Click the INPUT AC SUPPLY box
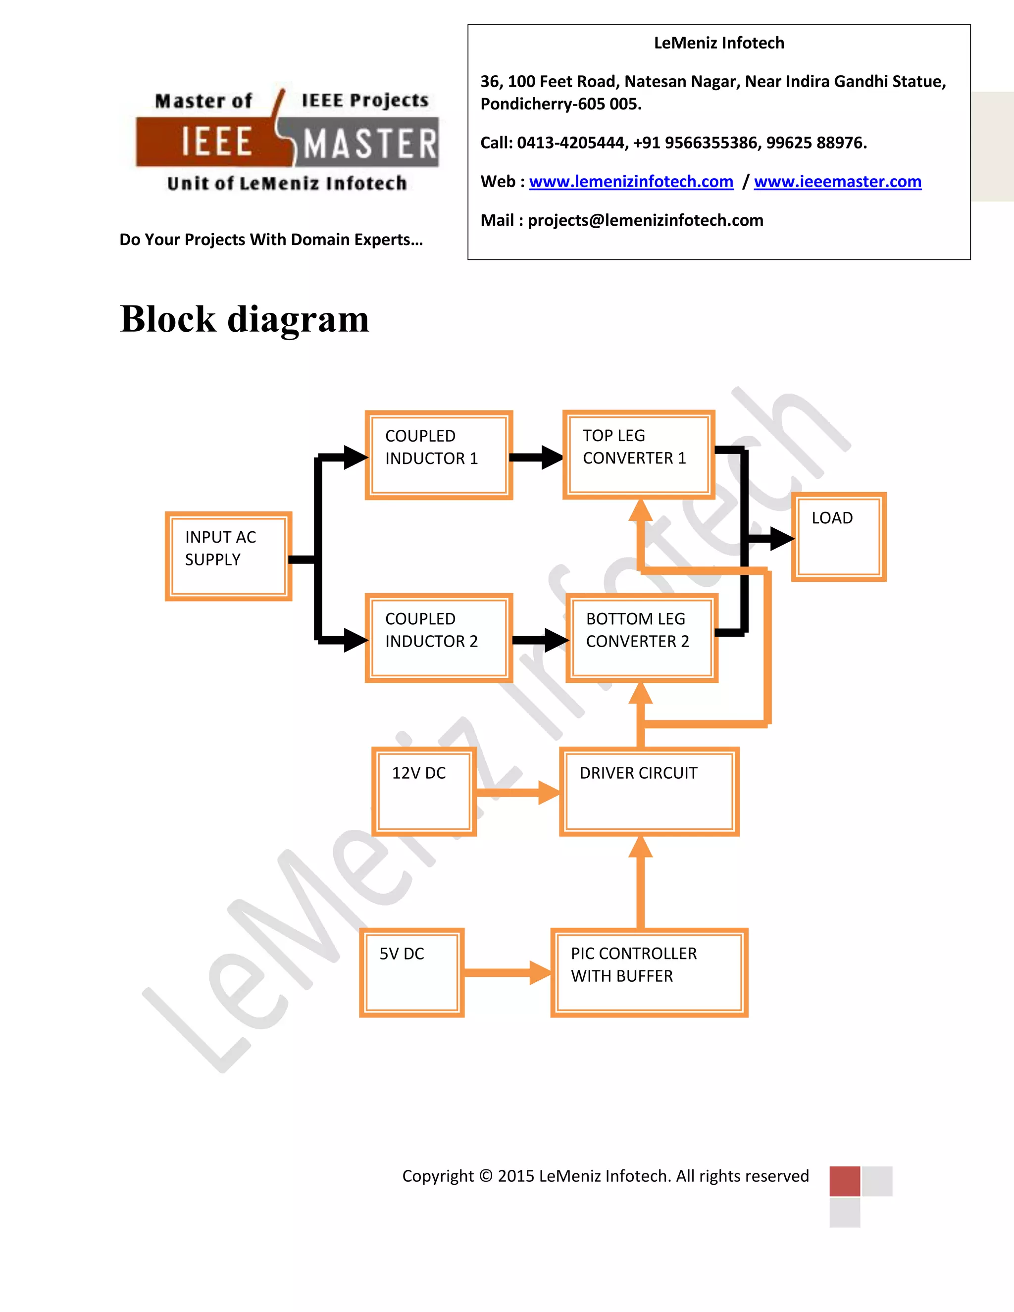(x=228, y=556)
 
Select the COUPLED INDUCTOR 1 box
(x=439, y=455)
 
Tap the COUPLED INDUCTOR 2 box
(x=439, y=638)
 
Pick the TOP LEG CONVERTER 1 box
(x=639, y=455)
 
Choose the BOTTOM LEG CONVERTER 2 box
(x=642, y=638)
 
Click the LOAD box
(x=839, y=537)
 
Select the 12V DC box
(x=424, y=792)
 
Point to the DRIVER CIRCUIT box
(x=649, y=792)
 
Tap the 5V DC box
(x=411, y=972)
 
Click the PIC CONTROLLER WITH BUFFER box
(x=649, y=972)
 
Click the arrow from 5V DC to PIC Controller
(x=507, y=972)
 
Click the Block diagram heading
(x=244, y=318)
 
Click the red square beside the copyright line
(x=845, y=1181)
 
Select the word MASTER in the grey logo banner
(x=369, y=144)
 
